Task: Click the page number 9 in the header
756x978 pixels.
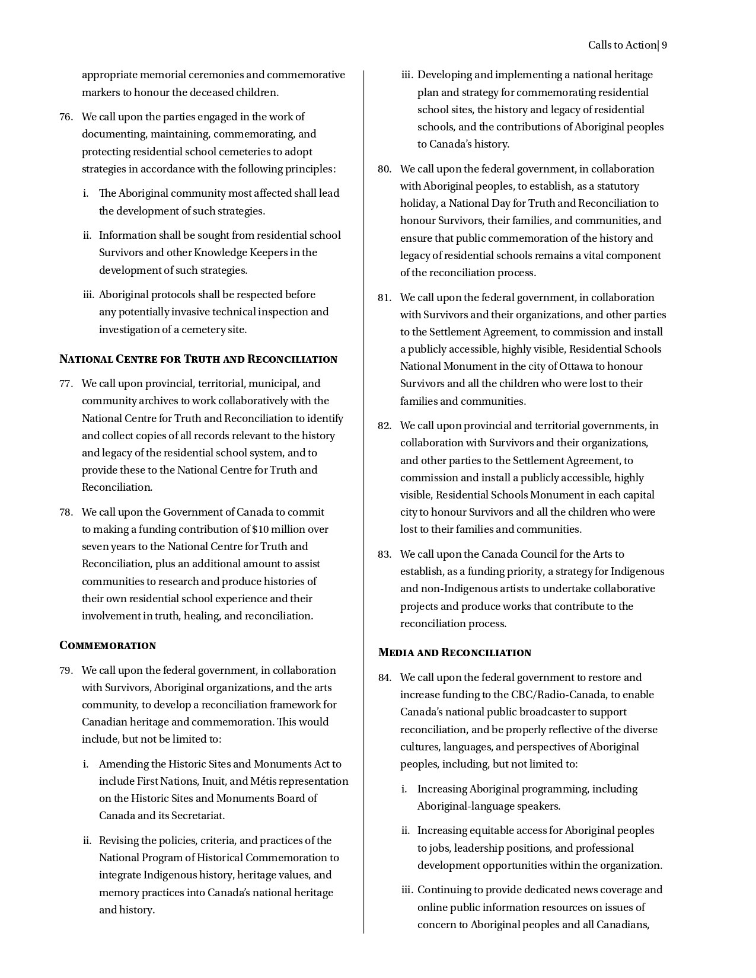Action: (664, 46)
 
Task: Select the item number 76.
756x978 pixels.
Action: (66, 117)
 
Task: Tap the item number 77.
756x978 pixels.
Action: (66, 383)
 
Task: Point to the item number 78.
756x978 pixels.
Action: (66, 512)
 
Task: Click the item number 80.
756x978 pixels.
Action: (384, 170)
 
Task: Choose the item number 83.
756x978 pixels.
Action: (384, 555)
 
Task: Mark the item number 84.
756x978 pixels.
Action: (384, 678)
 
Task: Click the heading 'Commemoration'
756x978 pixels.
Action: (108, 645)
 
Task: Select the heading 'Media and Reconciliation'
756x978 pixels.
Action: (455, 653)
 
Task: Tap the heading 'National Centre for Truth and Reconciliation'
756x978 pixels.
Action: (198, 359)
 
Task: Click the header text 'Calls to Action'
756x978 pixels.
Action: (622, 46)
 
